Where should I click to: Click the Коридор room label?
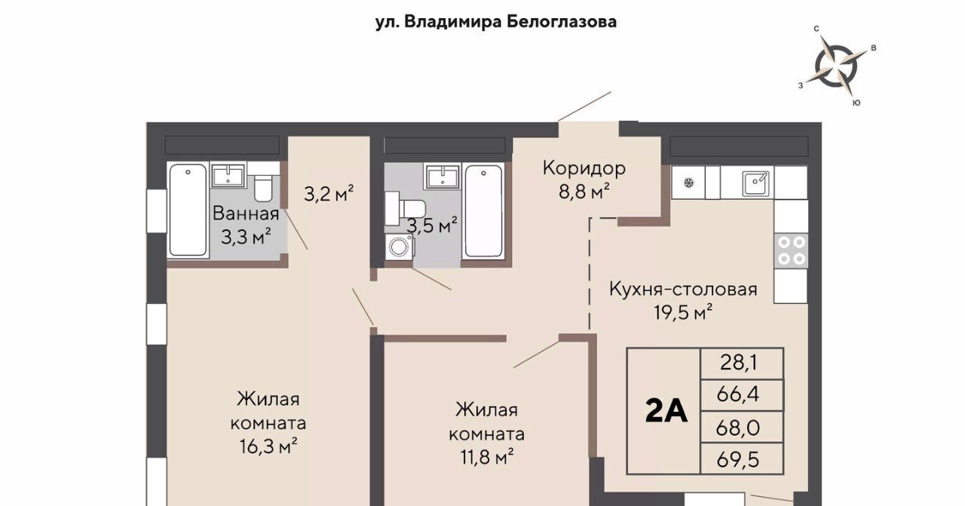(584, 167)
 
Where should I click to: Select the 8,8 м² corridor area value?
(584, 192)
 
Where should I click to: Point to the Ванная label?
(246, 213)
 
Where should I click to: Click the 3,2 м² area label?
(329, 194)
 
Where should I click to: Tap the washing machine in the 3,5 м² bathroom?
(400, 247)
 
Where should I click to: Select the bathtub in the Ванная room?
(188, 210)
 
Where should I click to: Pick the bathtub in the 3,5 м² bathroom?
(483, 210)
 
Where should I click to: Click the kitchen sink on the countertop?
(755, 183)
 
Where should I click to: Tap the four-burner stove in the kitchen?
(791, 250)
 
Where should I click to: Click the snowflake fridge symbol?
(689, 182)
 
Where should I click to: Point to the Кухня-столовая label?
(683, 289)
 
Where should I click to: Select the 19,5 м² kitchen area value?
(683, 311)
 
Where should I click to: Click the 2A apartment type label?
(666, 411)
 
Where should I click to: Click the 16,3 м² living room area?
(268, 446)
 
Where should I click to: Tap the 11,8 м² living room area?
(487, 456)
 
